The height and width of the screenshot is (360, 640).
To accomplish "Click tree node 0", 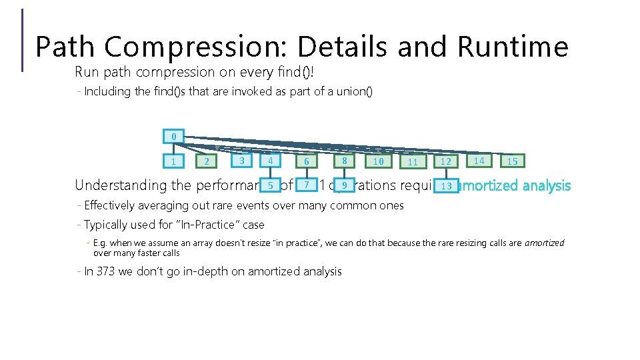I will point(173,137).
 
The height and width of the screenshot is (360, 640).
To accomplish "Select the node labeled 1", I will point(173,161).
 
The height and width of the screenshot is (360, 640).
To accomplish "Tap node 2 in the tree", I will point(207,161).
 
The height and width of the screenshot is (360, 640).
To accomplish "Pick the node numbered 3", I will point(241,160).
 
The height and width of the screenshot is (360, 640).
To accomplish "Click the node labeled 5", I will point(270,185).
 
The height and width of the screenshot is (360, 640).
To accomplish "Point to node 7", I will point(305,184).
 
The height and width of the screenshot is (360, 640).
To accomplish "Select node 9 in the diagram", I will point(344,185).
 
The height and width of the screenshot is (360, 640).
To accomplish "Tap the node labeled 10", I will point(378,161).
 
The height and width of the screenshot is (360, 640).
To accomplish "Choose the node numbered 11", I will point(412,162).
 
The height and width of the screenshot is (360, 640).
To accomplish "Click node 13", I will point(446,185).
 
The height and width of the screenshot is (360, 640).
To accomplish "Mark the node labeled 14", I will point(479,160).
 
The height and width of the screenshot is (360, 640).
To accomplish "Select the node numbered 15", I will point(512,161).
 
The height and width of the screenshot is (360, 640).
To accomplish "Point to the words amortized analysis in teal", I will point(514,185).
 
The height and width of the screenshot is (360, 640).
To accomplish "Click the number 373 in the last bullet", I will point(105,271).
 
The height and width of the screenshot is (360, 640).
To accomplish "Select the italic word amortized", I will point(544,243).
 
